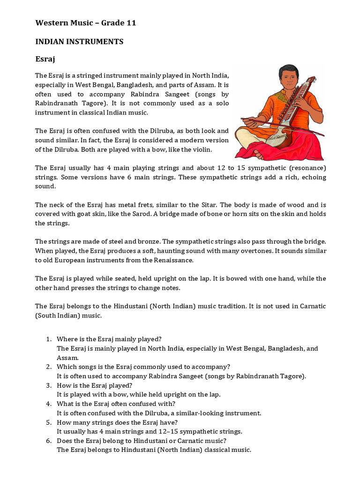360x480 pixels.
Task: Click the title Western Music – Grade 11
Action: coord(86,23)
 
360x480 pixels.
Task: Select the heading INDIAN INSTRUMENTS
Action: coord(79,42)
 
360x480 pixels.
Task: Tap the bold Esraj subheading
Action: coord(46,60)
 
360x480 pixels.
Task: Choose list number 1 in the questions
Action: coord(48,339)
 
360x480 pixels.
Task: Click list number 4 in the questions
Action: coord(48,404)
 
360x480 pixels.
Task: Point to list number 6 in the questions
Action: coord(48,441)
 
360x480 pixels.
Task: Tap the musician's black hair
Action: coord(286,69)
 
